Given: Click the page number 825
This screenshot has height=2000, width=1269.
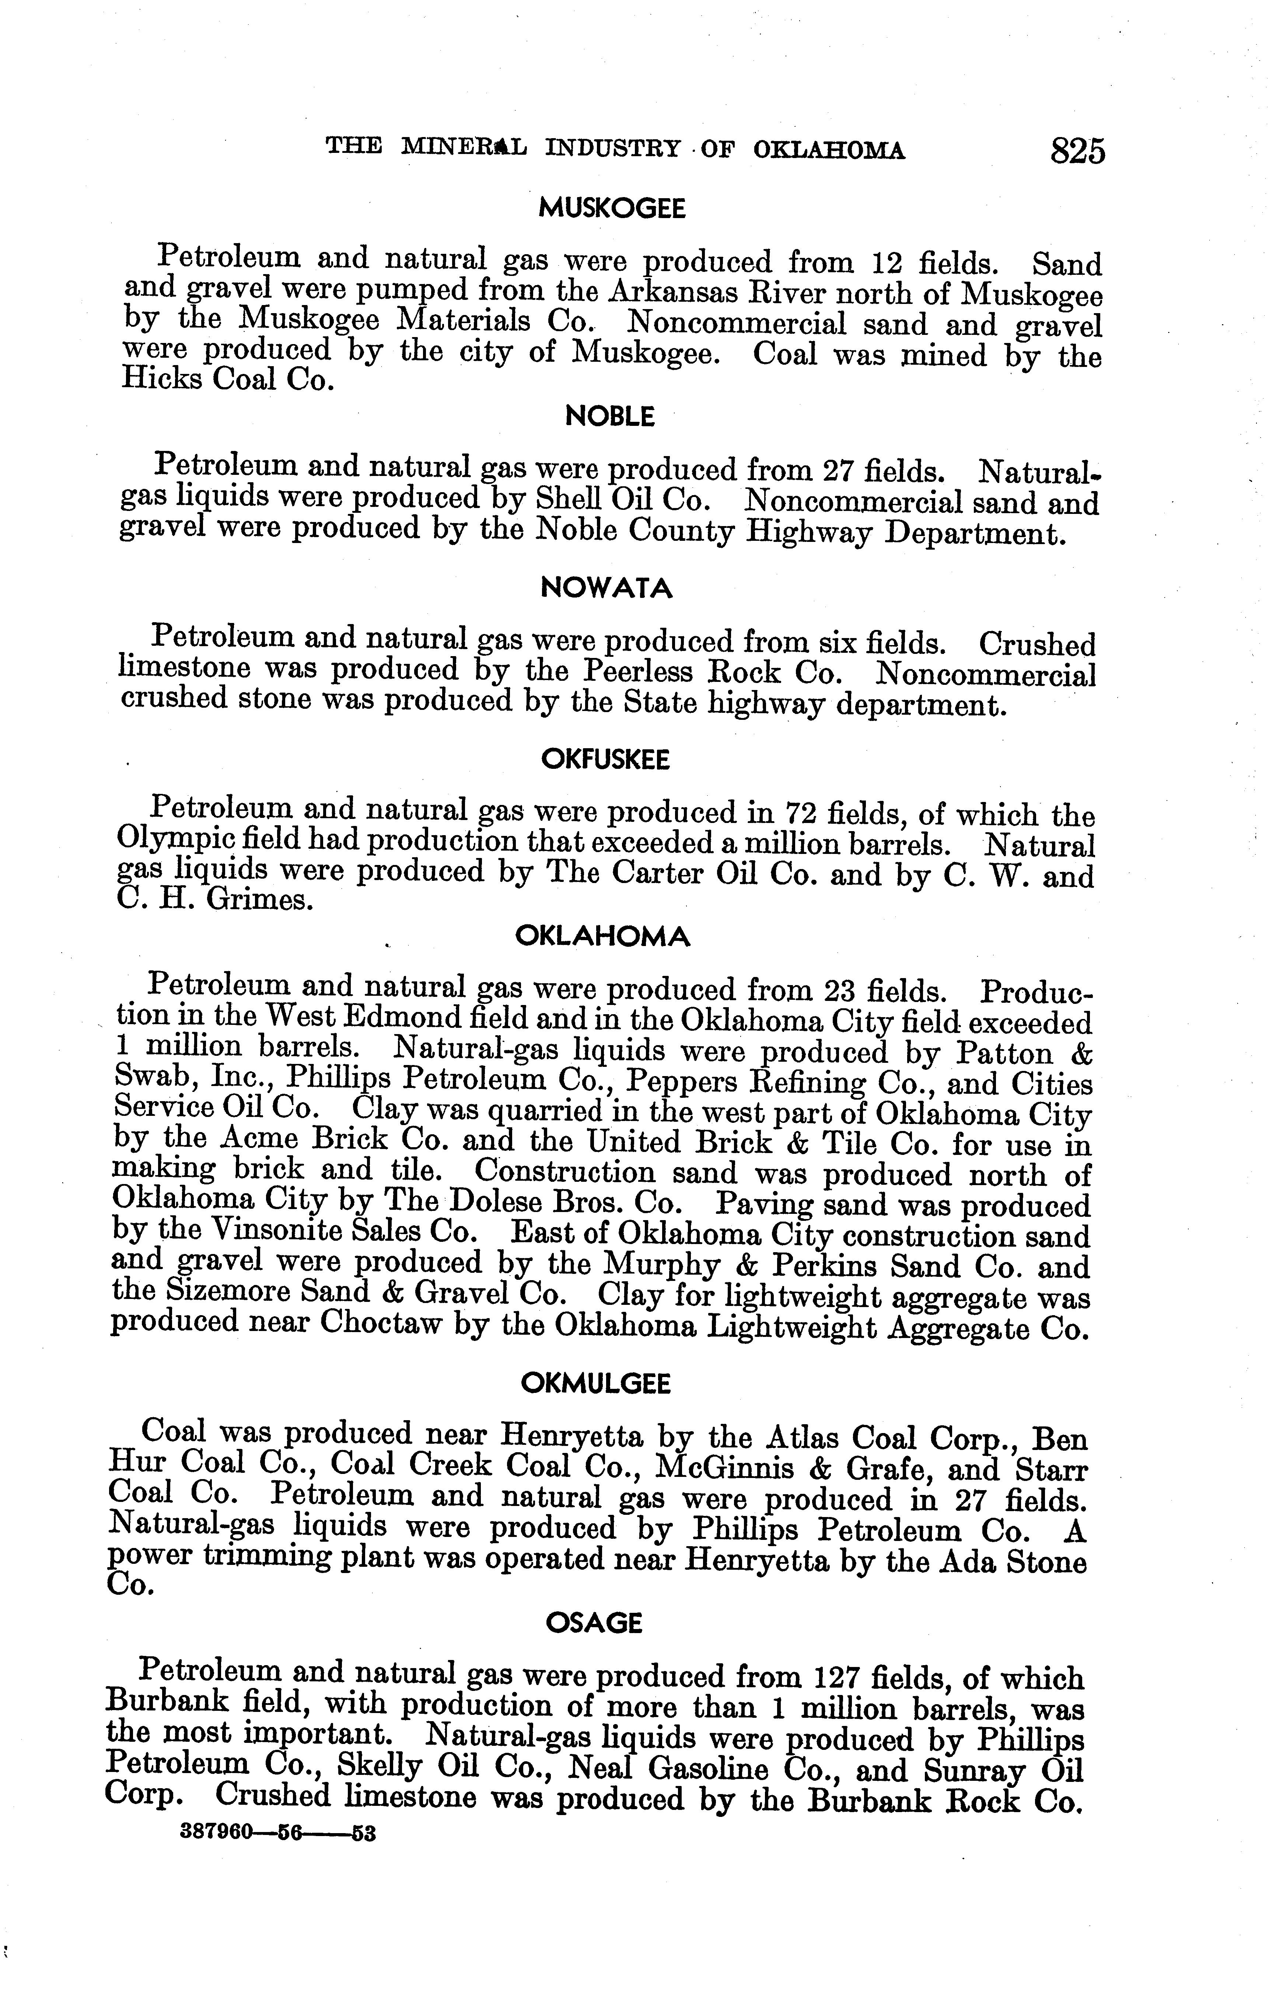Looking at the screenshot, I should (x=1077, y=152).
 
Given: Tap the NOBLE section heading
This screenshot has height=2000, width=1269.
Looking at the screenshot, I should (x=609, y=416).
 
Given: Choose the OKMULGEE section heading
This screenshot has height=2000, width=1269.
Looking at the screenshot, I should (x=595, y=1383).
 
